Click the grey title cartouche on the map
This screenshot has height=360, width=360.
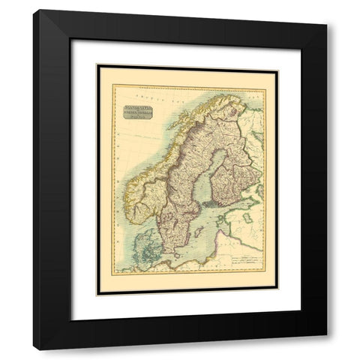(133, 114)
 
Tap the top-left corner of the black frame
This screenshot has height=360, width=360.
(34, 11)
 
